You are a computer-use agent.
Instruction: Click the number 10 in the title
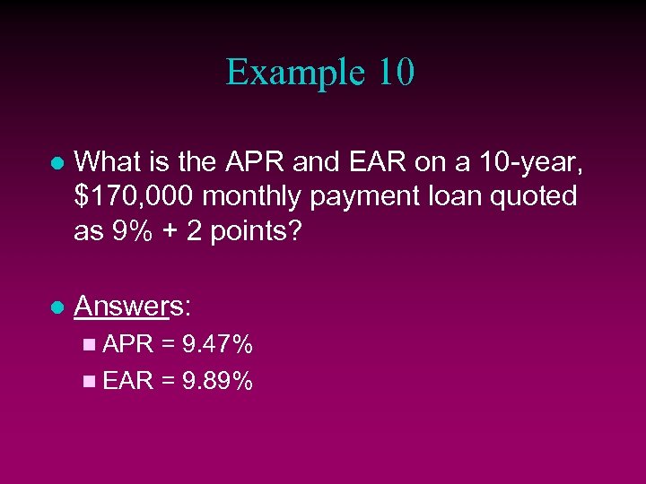tap(395, 73)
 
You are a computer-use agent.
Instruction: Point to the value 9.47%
tap(216, 344)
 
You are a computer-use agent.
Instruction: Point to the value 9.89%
tap(216, 382)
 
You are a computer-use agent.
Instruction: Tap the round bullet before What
tap(57, 164)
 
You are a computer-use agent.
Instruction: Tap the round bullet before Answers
tap(57, 307)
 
